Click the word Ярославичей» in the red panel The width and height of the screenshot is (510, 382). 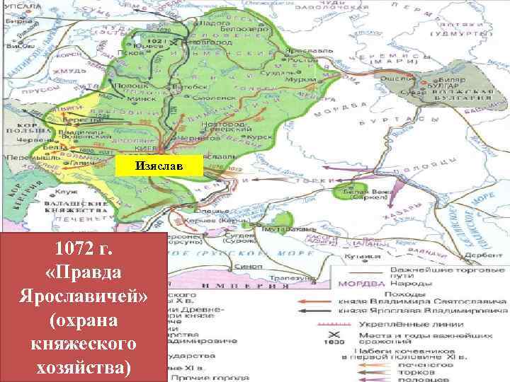[84, 296]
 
